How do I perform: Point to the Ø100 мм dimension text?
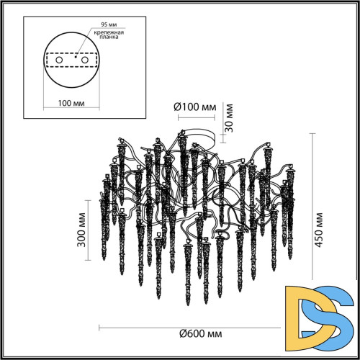[x=194, y=108]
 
